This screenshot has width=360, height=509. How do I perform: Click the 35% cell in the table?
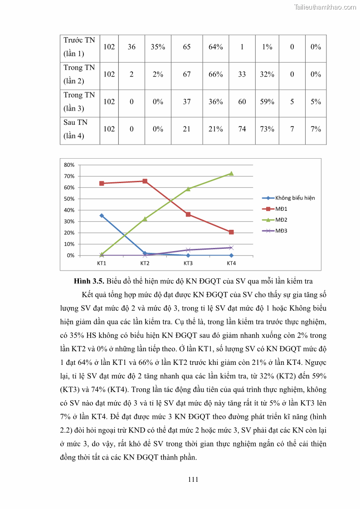coord(158,47)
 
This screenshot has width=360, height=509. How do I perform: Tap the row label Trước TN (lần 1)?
coord(79,47)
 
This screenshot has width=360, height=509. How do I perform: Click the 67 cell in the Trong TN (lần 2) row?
coord(187,74)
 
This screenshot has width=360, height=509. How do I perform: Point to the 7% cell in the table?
coord(316,129)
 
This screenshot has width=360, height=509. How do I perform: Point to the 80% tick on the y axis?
coord(69,165)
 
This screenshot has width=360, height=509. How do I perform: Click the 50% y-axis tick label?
coord(69,199)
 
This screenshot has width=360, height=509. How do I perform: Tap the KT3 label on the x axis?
coord(188,263)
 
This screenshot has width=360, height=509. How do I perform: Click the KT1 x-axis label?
coord(102,263)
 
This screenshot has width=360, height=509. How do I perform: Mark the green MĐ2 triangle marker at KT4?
coord(231,173)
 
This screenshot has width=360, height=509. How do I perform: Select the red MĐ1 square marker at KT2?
coord(145,181)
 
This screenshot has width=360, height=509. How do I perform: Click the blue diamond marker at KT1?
coord(102,216)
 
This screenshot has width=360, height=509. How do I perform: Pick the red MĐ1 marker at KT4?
coord(231,232)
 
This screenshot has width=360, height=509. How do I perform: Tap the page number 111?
coord(193,480)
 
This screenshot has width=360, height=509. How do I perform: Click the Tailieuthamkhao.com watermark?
coord(325,7)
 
